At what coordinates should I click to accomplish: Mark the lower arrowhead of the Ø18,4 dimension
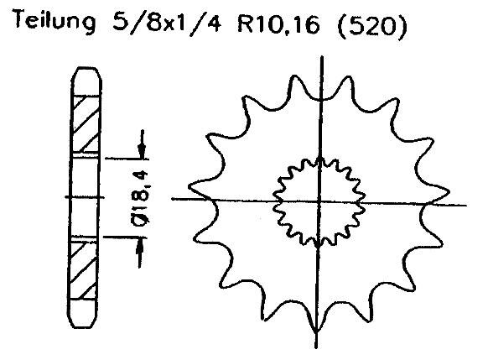coord(143,244)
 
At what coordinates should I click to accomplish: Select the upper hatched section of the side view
coord(86,123)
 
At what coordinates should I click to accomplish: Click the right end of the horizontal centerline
coord(465,204)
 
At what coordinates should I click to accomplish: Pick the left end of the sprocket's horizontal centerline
coord(173,199)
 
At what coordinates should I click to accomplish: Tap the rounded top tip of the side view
coord(86,70)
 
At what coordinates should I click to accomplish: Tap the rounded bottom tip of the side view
coord(86,326)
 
